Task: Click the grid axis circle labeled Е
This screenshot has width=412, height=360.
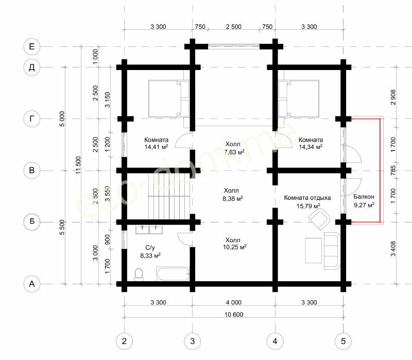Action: tap(32, 46)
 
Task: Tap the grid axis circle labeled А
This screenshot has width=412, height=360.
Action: tap(32, 284)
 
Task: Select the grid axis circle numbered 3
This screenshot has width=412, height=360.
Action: tap(192, 341)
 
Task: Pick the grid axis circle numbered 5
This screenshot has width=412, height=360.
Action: tap(343, 341)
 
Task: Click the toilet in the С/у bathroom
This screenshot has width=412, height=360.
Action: tap(139, 274)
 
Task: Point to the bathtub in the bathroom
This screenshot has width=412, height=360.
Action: tap(173, 274)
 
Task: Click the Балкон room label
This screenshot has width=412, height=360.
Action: tap(364, 197)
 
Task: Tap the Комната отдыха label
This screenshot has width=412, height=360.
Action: tap(307, 198)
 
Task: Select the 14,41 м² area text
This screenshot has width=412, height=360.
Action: tap(156, 147)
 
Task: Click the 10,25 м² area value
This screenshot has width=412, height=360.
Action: tap(235, 247)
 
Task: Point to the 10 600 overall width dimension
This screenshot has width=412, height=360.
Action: tap(234, 314)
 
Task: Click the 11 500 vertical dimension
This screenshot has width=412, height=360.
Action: tap(78, 165)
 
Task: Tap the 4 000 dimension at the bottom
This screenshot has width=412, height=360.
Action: tap(234, 302)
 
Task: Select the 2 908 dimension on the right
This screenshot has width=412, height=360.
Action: tap(393, 97)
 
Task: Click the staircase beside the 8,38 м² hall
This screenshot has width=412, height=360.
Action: tap(169, 196)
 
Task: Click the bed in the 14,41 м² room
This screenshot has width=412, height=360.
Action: tap(169, 98)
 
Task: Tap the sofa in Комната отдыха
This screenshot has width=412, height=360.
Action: tap(332, 251)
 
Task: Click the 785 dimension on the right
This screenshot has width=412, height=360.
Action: tap(393, 170)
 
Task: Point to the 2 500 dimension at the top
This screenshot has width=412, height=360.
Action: tap(234, 27)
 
